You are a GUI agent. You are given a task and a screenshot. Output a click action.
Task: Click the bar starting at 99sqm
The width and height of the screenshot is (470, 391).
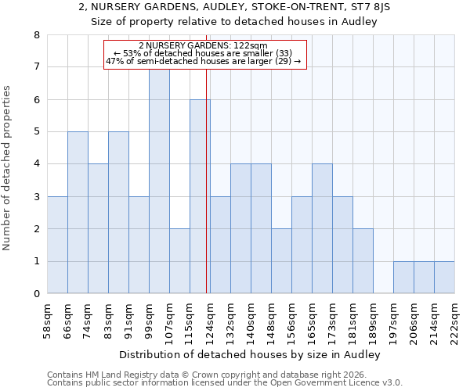[159, 181]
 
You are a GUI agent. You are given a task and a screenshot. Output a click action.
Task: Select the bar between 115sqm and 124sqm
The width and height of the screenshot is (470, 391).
[200, 196]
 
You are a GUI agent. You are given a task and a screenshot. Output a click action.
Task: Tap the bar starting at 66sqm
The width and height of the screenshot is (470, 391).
[78, 213]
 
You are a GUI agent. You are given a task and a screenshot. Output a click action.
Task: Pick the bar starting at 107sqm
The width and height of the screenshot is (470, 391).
[179, 261]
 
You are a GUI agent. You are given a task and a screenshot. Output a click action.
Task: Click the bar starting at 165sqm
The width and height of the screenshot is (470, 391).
[322, 228]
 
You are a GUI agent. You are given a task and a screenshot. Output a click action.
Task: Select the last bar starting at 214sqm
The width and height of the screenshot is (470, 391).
[444, 278]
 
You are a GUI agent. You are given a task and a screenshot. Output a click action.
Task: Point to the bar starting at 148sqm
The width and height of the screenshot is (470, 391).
[281, 261]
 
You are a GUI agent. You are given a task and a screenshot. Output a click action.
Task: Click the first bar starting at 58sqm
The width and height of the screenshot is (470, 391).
[57, 245]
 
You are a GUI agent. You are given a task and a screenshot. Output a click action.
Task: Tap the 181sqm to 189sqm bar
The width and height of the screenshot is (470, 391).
[363, 261]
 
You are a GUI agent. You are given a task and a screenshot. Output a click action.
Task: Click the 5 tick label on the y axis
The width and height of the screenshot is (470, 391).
[36, 132]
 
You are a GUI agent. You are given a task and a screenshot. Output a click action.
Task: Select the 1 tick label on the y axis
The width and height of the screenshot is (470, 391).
[36, 261]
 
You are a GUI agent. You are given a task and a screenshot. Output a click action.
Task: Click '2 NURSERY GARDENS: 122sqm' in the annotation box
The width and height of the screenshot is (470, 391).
[203, 46]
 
